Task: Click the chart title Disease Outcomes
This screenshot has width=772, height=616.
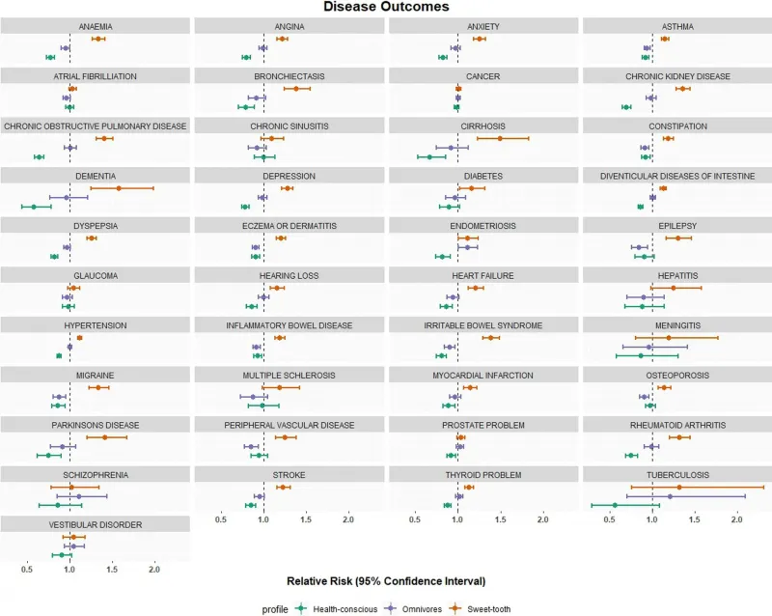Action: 386,8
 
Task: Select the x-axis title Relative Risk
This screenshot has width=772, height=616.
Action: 386,581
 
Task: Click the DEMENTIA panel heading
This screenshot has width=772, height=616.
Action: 96,176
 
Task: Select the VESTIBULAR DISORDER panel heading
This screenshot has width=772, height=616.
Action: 96,524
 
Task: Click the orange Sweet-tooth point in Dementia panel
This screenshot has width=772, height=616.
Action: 119,187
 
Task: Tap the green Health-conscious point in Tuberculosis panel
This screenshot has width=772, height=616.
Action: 615,505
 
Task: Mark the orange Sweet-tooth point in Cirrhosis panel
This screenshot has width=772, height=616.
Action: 500,138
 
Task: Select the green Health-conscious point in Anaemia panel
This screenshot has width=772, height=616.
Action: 50,58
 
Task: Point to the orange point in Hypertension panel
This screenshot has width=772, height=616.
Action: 79,337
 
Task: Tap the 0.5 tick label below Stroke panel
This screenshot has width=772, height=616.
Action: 221,519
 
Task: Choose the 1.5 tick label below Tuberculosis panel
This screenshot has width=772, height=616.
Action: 694,519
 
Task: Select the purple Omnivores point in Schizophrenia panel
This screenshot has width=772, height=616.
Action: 78,496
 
